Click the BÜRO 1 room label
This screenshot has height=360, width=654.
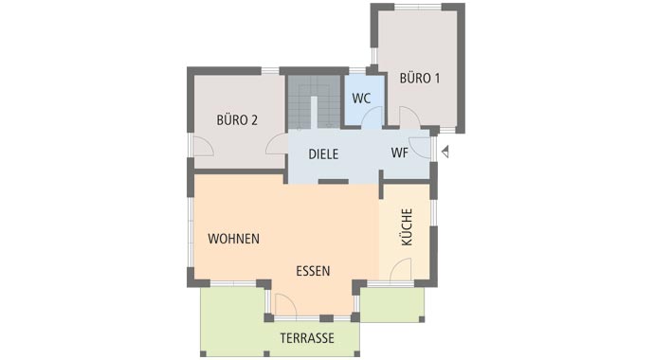(x=420, y=78)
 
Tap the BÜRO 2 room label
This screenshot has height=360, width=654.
(x=237, y=119)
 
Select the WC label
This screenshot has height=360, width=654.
(x=360, y=99)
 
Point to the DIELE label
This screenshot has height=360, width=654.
(x=323, y=153)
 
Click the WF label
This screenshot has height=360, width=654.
(x=400, y=153)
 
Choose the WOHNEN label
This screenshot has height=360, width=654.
(x=234, y=239)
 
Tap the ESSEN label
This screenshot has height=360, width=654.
(x=313, y=270)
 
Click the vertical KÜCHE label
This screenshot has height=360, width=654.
(x=407, y=227)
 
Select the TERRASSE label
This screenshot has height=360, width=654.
(x=280, y=337)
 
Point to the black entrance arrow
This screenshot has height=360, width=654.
(x=445, y=150)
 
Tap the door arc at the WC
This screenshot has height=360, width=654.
(x=372, y=117)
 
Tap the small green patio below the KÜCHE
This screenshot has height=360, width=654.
(x=391, y=304)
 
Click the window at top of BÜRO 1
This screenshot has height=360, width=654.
(x=418, y=7)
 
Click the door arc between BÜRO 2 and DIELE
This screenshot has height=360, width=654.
(x=277, y=145)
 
